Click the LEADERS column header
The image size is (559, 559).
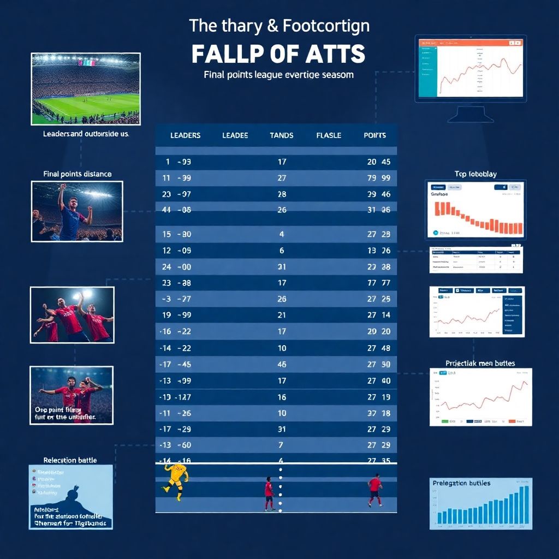[185, 135]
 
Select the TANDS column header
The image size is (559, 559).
[282, 135]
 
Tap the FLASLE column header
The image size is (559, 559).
[329, 135]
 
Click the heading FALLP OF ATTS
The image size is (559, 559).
[278, 55]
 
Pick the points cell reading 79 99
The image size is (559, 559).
[378, 178]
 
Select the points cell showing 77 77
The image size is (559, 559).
[378, 283]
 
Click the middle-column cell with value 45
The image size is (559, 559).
[282, 364]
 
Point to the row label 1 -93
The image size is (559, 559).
[177, 162]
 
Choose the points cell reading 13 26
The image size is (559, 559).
[378, 251]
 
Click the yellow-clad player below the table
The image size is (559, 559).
[176, 480]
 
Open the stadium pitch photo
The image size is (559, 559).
[86, 88]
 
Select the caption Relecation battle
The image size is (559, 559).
[70, 460]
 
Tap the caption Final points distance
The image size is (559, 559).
[77, 174]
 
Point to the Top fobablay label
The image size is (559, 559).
[475, 174]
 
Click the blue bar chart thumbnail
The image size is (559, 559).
[480, 504]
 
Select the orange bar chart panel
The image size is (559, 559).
[475, 210]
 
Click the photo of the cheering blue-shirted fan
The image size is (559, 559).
[77, 211]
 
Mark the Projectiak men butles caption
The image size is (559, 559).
[480, 363]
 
